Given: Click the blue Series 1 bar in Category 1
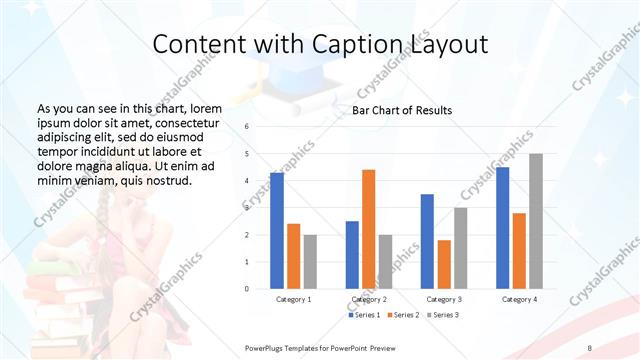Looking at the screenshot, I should tap(277, 231).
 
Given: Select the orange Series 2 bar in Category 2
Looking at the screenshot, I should tap(368, 229).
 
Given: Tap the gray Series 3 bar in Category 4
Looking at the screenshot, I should tap(536, 221).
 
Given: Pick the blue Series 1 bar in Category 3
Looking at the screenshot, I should tap(427, 241).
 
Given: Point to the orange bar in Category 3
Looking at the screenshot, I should tap(444, 264).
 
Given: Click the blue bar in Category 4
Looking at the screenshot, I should tap(502, 228).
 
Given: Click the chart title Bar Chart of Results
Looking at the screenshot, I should tap(402, 110).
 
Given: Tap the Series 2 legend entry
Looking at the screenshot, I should tap(404, 315).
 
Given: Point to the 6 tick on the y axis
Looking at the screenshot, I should tap(246, 127).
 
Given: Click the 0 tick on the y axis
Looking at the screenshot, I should tap(246, 289).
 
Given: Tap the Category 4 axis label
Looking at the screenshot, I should tap(519, 299).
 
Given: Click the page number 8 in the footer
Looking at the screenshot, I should tap(590, 346).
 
